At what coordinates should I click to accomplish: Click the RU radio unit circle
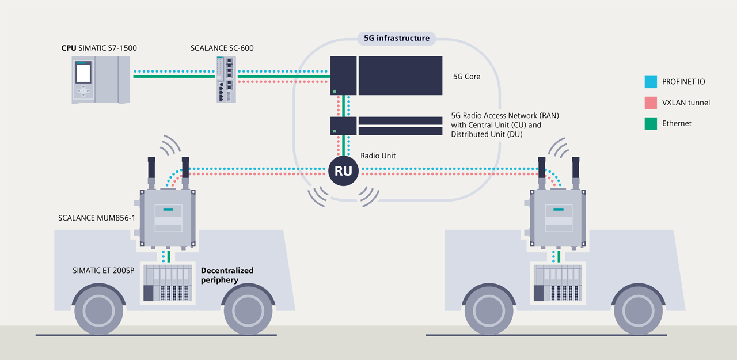(x=344, y=171)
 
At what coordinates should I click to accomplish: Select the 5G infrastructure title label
(x=397, y=39)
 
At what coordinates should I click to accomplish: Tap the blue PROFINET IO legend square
(x=651, y=82)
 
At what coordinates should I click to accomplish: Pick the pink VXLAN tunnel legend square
(x=651, y=103)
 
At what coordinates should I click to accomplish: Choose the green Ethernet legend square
(x=651, y=123)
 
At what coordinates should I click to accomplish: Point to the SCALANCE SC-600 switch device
(x=225, y=79)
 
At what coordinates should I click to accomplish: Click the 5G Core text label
(x=466, y=76)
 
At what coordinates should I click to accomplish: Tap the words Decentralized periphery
(x=227, y=275)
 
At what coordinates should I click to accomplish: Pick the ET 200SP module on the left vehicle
(x=166, y=283)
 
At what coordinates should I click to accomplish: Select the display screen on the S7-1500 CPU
(x=84, y=73)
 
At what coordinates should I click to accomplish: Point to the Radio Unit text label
(x=378, y=156)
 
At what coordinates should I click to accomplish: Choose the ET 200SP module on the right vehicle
(x=557, y=283)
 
